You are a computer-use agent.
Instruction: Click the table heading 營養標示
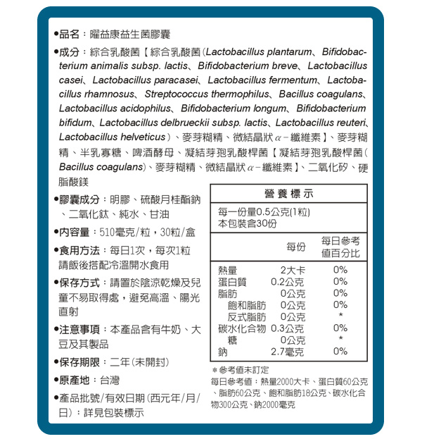coord(289,194)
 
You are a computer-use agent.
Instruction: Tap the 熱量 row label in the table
coord(228,270)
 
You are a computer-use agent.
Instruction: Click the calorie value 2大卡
coord(292,270)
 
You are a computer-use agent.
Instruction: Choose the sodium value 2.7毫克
coord(288,352)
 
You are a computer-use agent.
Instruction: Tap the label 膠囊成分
coord(79,200)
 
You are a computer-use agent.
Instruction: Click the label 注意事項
coord(79,329)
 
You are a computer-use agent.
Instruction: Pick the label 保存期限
coord(79,362)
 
